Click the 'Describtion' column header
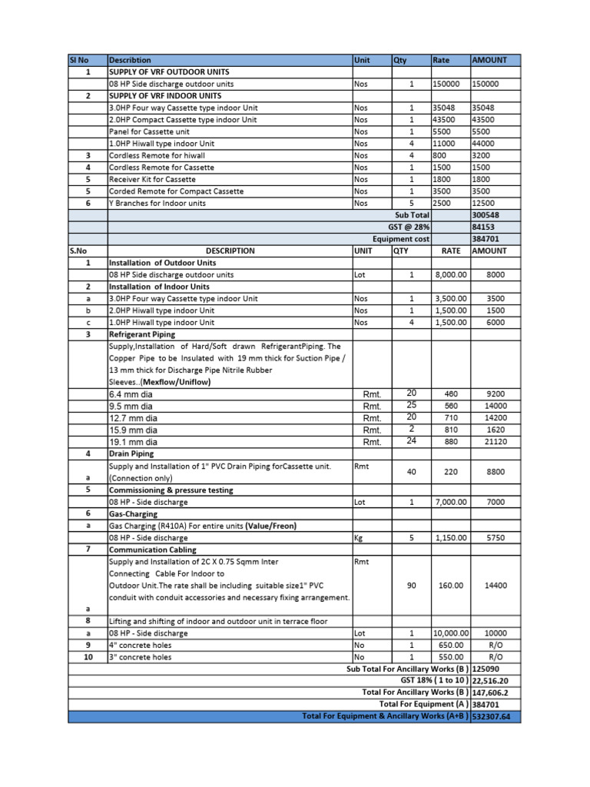coord(131,60)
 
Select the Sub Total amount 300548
coord(486,215)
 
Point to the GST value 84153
coord(483,227)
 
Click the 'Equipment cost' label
coord(400,239)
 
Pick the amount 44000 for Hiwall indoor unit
coord(483,144)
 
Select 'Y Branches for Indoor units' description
coord(157,203)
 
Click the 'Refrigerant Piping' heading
coord(142,334)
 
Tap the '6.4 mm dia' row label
coord(131,394)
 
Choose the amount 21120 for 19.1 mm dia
coord(496,442)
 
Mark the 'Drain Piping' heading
coord(131,454)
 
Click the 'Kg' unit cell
coord(359,538)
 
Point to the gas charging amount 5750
coord(496,538)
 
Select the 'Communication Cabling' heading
coord(152,550)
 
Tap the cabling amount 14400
coord(496,586)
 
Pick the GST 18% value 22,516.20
coord(496,681)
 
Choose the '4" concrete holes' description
coord(141,646)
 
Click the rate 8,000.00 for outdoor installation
coord(449,274)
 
